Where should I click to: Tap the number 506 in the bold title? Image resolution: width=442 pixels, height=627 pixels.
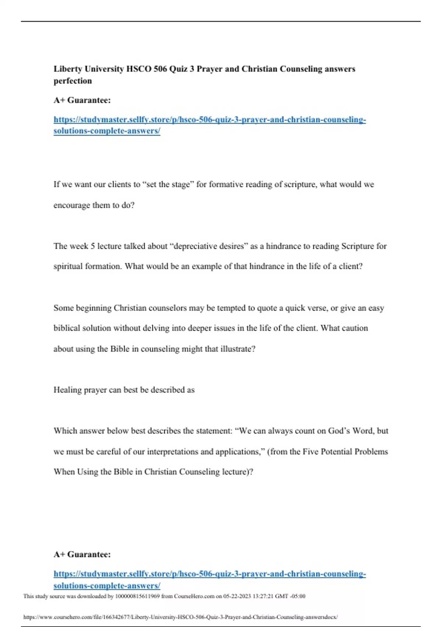[x=160, y=69]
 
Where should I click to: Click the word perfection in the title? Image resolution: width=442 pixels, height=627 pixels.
[x=73, y=81]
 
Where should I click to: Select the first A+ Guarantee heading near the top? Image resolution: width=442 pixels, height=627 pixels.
[x=82, y=100]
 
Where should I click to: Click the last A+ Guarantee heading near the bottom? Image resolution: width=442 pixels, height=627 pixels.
[x=82, y=554]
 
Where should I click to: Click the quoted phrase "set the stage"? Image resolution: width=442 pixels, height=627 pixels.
[x=168, y=184]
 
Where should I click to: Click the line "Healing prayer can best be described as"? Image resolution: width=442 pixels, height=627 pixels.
[x=124, y=390]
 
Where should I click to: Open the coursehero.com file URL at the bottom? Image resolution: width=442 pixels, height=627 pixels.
[x=180, y=617]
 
